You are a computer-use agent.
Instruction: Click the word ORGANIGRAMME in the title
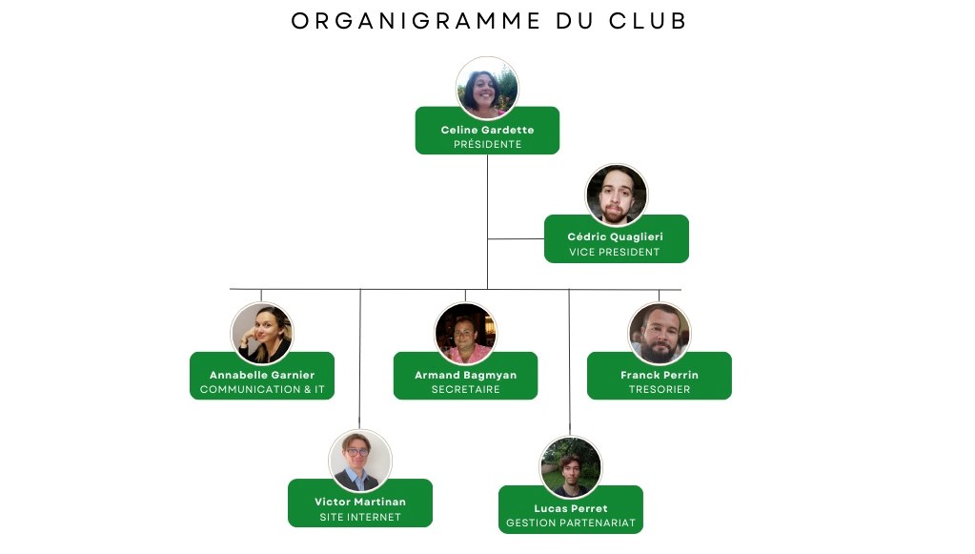pos(416,21)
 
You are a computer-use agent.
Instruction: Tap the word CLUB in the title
pos(647,21)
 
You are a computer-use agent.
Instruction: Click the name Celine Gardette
pos(488,130)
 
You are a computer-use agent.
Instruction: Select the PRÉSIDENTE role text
pos(488,144)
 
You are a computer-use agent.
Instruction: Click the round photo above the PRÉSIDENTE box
pos(487,88)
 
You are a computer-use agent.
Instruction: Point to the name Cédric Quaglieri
pos(616,236)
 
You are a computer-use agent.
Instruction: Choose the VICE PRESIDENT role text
pos(615,252)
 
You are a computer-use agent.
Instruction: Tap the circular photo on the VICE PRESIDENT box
pos(617,195)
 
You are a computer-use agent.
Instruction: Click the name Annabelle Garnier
pos(262,375)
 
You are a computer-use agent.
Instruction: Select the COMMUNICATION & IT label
pos(262,389)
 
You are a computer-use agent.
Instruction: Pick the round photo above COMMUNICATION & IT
pos(262,334)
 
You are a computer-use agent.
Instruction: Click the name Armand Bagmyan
pos(466,375)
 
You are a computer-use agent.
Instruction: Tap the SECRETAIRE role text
pos(466,389)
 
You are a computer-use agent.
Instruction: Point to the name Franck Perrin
pos(660,375)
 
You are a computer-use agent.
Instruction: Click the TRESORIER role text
pos(660,389)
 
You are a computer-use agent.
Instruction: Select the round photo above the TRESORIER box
pos(660,334)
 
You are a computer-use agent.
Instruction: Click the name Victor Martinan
pos(360,502)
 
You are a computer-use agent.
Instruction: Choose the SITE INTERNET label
pos(360,517)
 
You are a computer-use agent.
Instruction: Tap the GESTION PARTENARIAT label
pos(571,523)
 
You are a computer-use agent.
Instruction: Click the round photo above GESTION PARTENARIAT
pos(571,467)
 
